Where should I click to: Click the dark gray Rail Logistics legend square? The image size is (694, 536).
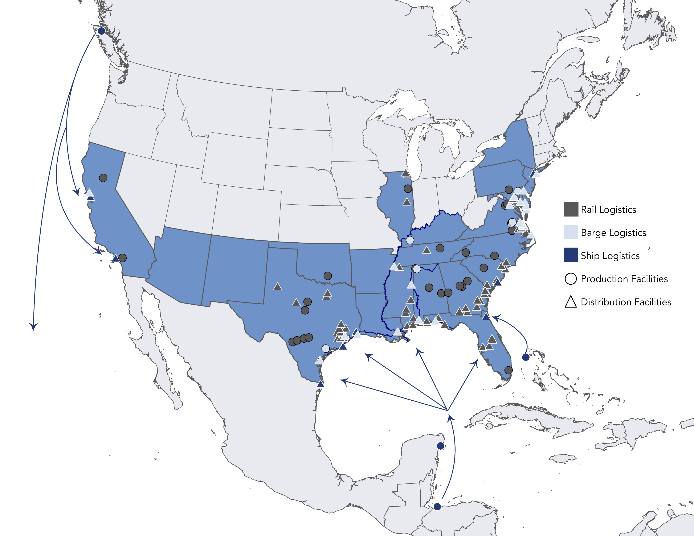(x=571, y=209)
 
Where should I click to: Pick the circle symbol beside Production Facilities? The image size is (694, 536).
(x=571, y=279)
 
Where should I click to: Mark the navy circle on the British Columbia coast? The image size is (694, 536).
(x=101, y=31)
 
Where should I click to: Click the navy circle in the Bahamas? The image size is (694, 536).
(x=526, y=357)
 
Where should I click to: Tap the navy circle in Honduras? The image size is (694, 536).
(x=437, y=507)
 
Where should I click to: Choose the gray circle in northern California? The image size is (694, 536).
(x=103, y=178)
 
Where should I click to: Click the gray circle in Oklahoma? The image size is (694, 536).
(x=328, y=276)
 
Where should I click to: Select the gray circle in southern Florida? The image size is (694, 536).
(x=509, y=370)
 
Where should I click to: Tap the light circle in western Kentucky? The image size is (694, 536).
(x=410, y=240)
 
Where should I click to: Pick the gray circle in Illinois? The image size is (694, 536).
(x=408, y=189)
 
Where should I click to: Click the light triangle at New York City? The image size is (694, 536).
(x=536, y=174)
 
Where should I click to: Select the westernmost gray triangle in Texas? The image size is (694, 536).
(x=277, y=287)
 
